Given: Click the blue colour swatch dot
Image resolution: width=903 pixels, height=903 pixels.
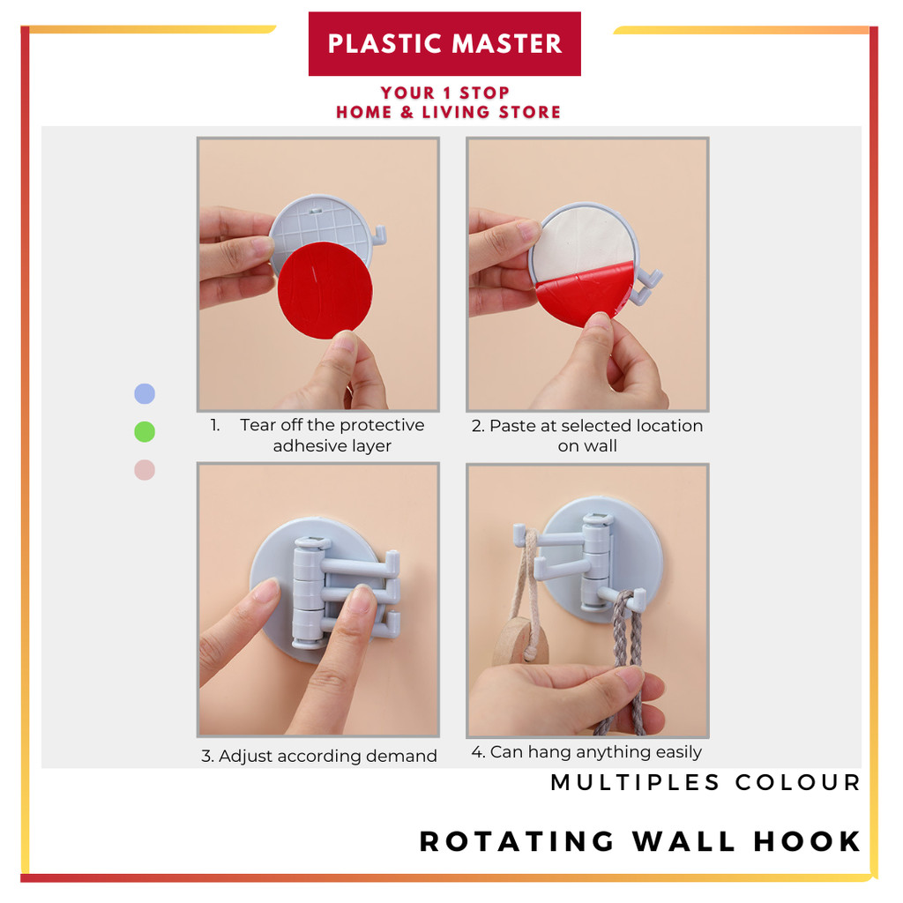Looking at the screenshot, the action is [145, 394].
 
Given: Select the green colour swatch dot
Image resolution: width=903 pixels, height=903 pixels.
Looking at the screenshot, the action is [145, 432].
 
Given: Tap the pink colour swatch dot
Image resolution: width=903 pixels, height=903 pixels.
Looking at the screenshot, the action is [145, 470].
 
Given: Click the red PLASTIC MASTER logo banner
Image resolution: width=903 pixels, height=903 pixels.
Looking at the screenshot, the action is [444, 44].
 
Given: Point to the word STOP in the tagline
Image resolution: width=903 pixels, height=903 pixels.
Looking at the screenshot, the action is [484, 93].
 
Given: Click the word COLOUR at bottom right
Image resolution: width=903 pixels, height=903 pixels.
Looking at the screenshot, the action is [797, 783].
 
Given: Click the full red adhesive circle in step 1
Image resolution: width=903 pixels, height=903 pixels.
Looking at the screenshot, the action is [325, 290].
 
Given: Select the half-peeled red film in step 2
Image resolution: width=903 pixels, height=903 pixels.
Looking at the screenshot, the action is [583, 293].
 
